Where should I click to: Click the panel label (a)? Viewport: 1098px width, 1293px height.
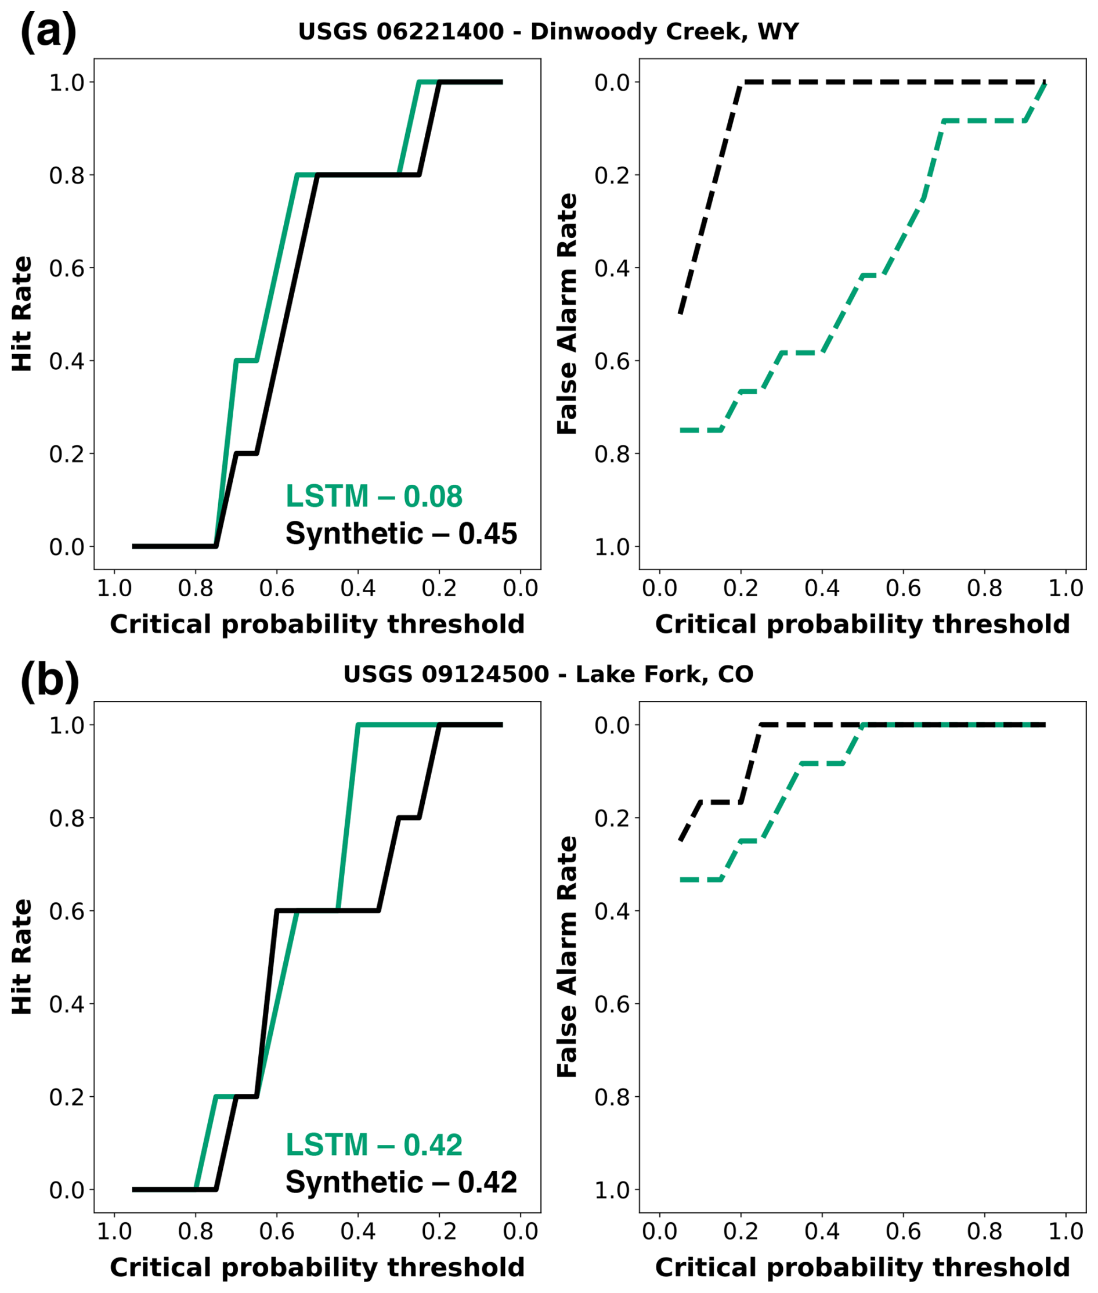click(48, 31)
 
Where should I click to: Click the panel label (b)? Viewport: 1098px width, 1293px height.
click(50, 679)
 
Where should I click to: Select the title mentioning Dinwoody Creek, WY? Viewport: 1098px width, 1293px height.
click(548, 31)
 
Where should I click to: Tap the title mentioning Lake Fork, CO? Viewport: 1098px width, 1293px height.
click(548, 674)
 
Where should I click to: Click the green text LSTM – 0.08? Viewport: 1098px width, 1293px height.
click(374, 496)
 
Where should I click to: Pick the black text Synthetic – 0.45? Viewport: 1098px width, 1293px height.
click(401, 534)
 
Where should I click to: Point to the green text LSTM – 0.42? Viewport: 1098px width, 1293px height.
click(374, 1145)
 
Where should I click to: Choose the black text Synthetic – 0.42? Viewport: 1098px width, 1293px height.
click(401, 1182)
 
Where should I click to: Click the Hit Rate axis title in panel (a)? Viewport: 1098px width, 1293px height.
click(23, 314)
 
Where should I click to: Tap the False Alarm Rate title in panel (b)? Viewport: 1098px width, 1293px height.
click(568, 957)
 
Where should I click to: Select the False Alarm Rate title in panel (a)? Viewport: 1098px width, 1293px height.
click(568, 314)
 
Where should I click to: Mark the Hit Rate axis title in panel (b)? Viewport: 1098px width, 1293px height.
click(23, 957)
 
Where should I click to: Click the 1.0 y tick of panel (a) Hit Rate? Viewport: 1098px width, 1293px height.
click(67, 82)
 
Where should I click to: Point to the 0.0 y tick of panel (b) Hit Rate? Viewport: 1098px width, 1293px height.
click(67, 1190)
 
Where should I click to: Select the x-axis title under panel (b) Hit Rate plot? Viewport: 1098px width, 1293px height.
click(317, 1267)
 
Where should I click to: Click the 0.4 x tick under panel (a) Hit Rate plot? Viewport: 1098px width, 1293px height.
click(358, 588)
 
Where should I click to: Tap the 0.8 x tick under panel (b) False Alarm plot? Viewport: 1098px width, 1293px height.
click(984, 1231)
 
